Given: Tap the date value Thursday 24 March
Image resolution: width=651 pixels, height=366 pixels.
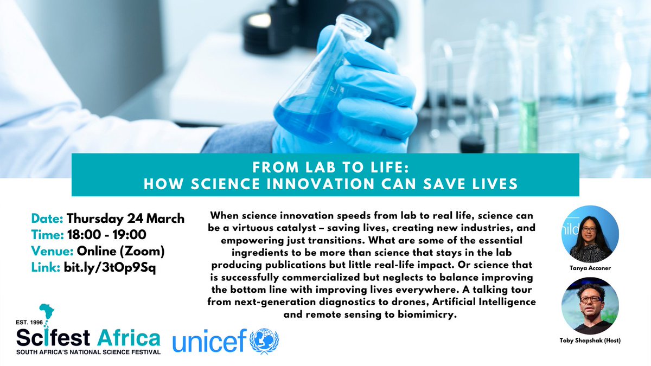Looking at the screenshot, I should [x=126, y=219].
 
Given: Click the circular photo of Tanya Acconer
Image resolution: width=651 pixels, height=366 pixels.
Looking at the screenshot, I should [x=590, y=234].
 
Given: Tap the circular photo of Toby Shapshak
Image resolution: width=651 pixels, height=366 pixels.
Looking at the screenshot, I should [x=590, y=305].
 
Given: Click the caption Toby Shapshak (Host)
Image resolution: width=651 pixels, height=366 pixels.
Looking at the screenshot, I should [x=590, y=340].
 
